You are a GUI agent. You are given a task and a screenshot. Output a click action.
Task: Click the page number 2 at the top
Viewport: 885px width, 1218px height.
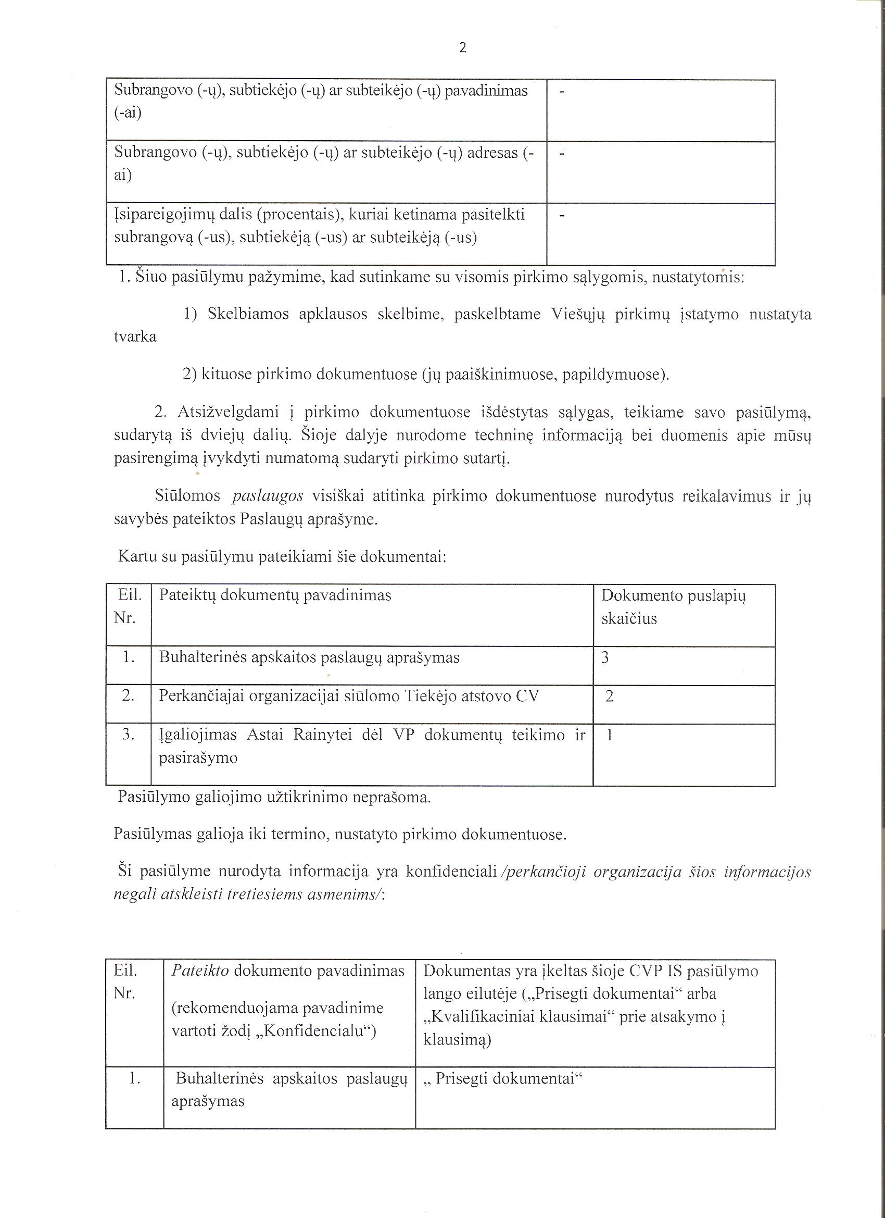click(463, 48)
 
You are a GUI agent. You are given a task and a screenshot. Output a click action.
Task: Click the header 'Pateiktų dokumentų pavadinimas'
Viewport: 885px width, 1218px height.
click(275, 595)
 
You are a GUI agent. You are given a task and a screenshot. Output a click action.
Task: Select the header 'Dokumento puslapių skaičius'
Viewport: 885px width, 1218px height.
click(674, 606)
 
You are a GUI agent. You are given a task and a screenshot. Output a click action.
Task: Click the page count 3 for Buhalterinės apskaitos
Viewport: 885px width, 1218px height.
click(605, 658)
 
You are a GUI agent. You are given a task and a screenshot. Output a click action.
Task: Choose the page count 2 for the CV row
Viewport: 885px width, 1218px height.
click(609, 697)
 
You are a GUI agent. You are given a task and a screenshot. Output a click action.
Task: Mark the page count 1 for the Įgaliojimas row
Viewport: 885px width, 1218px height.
click(609, 735)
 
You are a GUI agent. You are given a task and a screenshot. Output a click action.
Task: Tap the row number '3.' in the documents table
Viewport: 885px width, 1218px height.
click(128, 735)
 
